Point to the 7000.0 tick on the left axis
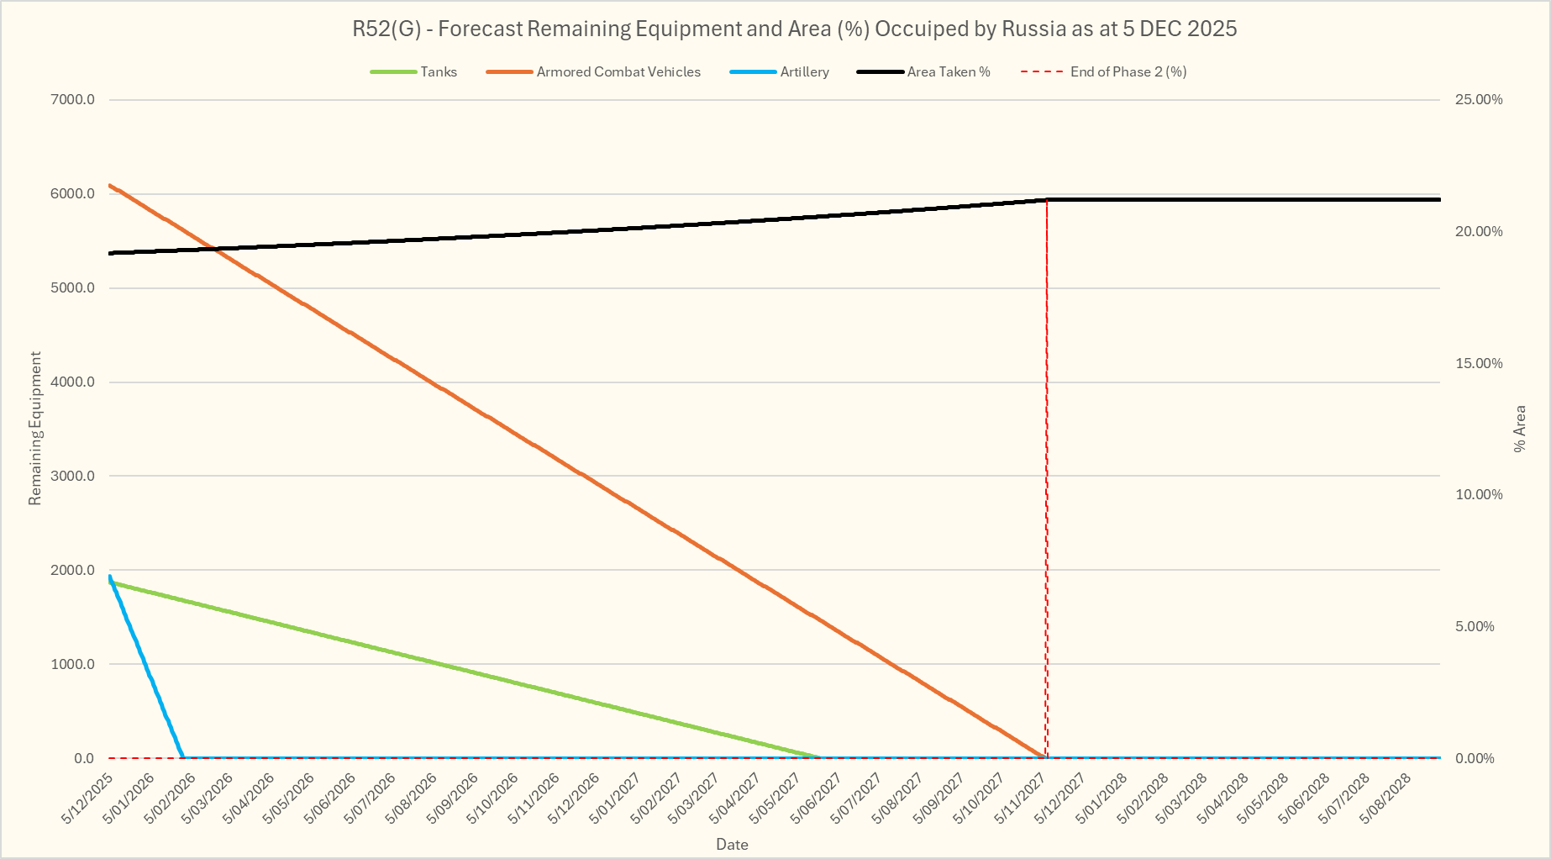click(73, 100)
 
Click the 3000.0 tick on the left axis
click(73, 477)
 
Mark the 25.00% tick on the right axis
click(1479, 100)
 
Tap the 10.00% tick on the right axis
click(1479, 495)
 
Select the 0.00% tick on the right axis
click(1475, 758)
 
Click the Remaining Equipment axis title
click(35, 429)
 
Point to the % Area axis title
click(1520, 429)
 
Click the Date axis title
click(732, 845)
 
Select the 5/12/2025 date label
click(87, 798)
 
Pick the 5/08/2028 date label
click(1386, 798)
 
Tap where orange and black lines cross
click(217, 250)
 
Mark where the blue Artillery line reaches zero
click(183, 757)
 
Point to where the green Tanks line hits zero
click(821, 757)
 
